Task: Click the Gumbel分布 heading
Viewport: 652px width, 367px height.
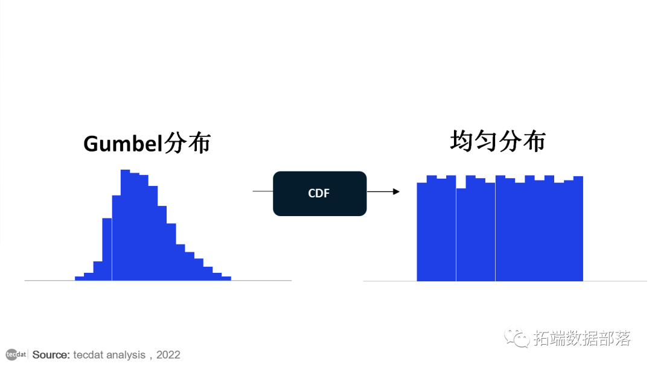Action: coord(147,144)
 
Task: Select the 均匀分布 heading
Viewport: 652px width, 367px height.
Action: coord(497,141)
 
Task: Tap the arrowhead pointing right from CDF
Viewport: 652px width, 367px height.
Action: coord(396,191)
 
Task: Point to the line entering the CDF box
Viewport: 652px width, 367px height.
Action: coord(263,191)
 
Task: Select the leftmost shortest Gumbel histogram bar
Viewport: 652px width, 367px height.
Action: coord(79,278)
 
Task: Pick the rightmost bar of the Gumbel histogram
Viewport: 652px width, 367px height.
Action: coord(226,278)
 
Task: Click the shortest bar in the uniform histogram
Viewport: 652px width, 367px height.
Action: coord(461,235)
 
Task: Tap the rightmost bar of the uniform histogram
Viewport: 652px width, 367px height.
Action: coord(578,229)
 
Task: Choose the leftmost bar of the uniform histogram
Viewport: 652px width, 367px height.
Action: coord(421,232)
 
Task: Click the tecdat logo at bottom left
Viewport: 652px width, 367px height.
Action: coord(16,354)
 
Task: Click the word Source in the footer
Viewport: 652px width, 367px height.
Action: coord(51,355)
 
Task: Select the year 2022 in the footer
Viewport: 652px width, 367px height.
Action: coord(168,355)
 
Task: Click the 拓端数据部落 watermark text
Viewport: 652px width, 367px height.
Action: coord(582,339)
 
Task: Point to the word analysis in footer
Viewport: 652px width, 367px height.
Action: coord(125,355)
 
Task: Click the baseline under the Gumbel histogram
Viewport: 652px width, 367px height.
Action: coord(266,281)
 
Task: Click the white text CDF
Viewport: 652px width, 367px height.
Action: coord(319,193)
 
